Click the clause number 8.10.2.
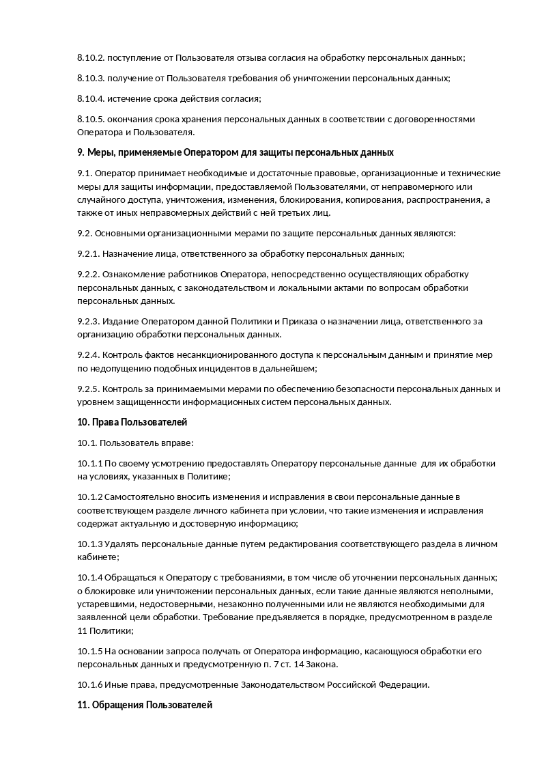tap(91, 58)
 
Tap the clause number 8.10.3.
tap(91, 79)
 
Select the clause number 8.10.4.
tap(91, 99)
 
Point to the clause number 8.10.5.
tap(91, 120)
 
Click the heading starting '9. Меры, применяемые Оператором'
tap(236, 152)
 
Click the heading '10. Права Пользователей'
tap(132, 422)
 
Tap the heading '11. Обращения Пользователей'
tap(145, 705)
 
